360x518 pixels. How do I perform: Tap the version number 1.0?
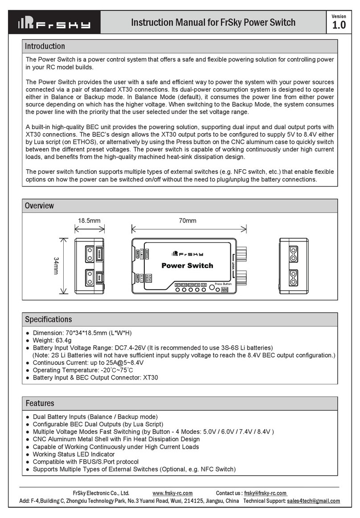(339, 25)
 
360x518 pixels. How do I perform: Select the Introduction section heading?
(45, 46)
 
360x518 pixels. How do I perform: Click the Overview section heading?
(39, 206)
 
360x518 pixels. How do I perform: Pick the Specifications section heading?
(48, 319)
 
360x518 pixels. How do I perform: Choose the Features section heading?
(40, 403)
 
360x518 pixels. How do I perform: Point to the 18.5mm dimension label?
(89, 220)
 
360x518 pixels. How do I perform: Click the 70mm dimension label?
(188, 220)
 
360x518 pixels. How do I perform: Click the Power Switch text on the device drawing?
(187, 266)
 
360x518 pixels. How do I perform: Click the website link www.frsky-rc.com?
(172, 493)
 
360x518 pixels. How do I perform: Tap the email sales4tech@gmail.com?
(313, 501)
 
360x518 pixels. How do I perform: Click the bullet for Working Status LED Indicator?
(28, 454)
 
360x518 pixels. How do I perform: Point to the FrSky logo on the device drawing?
(187, 254)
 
